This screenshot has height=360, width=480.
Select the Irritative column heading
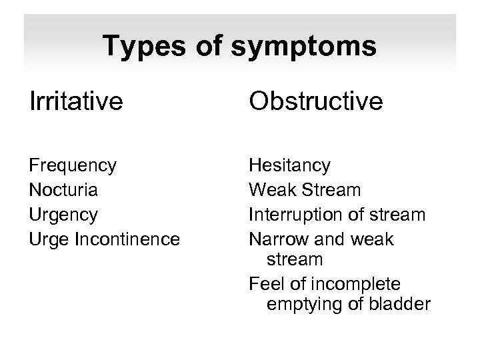pyautogui.click(x=76, y=101)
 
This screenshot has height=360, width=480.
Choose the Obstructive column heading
pyautogui.click(x=315, y=101)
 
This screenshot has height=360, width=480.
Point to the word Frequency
pyautogui.click(x=73, y=165)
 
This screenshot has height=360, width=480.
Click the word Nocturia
pyautogui.click(x=64, y=190)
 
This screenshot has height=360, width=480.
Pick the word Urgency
pyautogui.click(x=63, y=215)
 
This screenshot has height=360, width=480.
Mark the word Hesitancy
pyautogui.click(x=289, y=165)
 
